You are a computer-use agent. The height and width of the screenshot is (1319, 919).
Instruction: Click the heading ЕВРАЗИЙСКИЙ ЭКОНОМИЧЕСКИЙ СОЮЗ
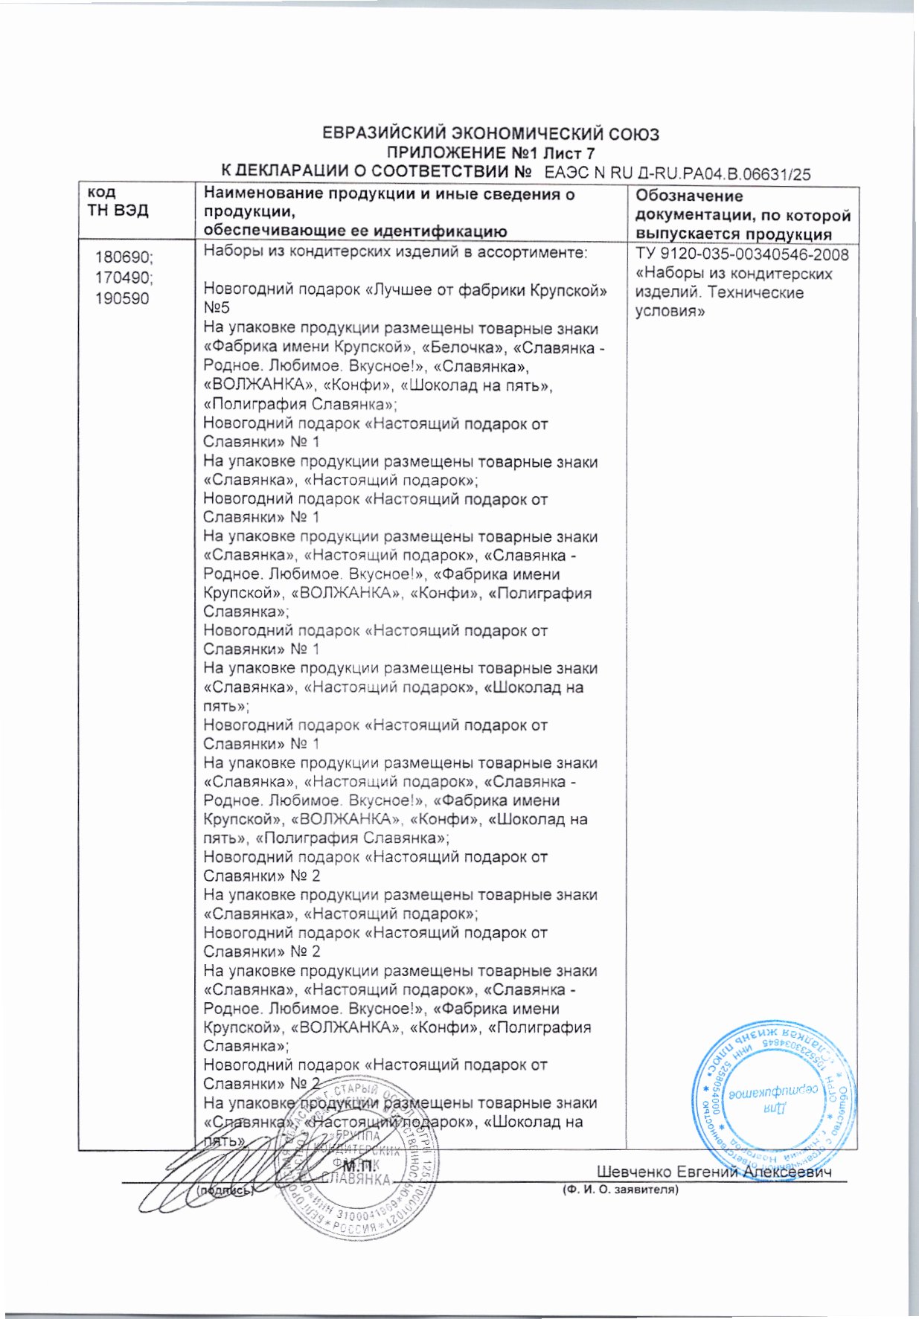490,135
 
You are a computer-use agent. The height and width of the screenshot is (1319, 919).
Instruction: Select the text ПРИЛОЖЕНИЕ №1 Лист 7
490,154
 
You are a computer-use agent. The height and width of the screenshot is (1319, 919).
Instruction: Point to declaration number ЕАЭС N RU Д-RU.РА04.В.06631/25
677,175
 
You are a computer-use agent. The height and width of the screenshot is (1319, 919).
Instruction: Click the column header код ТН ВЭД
118,202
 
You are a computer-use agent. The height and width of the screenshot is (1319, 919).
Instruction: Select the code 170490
123,278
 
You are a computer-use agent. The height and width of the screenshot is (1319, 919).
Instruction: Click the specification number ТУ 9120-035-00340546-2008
742,255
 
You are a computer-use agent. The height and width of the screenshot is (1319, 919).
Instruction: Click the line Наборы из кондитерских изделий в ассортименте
395,252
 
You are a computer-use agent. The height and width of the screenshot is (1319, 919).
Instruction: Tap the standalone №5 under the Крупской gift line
217,309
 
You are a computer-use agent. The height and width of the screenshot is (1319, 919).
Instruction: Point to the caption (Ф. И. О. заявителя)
620,1190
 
